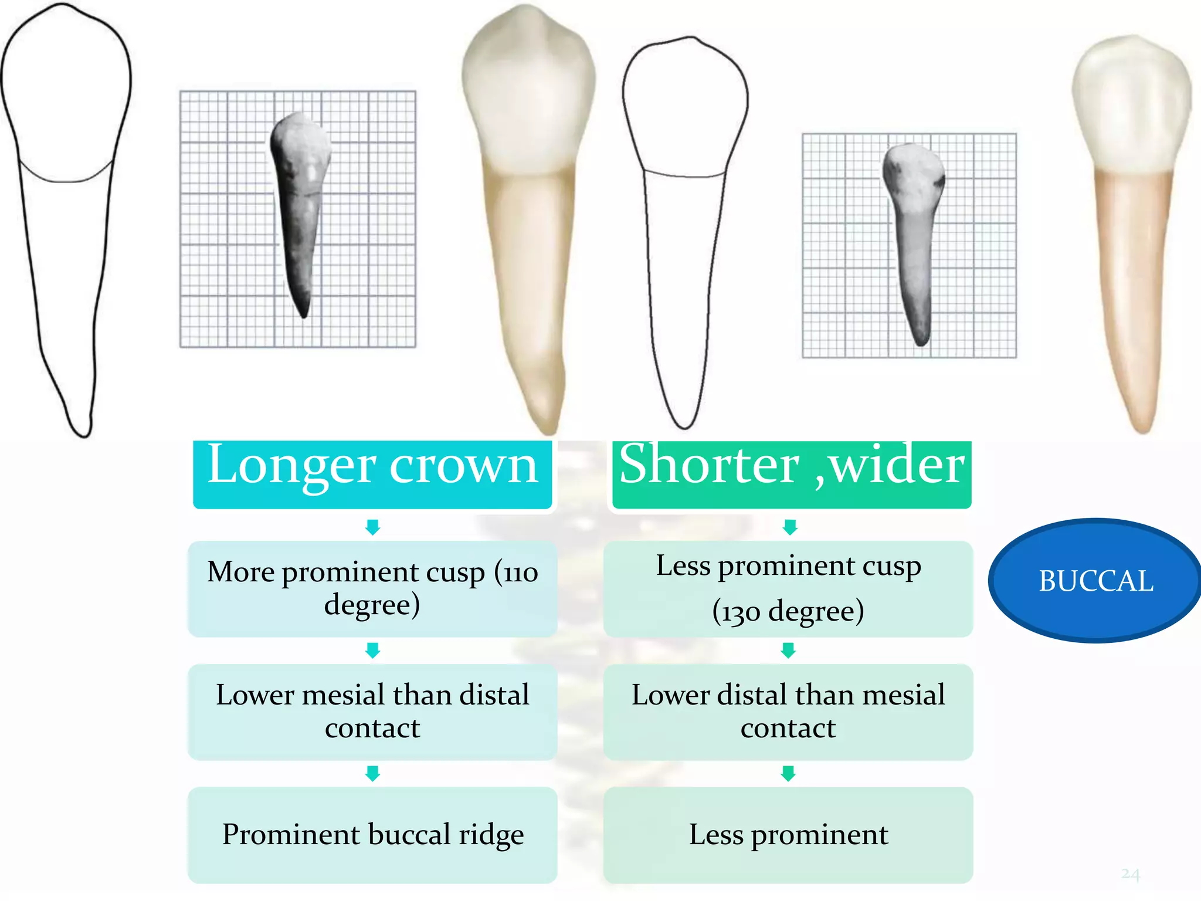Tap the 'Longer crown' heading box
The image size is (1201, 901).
pyautogui.click(x=372, y=473)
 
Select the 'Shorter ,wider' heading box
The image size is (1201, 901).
pyautogui.click(x=791, y=473)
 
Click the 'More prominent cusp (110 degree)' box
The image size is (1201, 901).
pyautogui.click(x=372, y=588)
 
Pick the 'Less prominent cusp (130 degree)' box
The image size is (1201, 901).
pyautogui.click(x=788, y=588)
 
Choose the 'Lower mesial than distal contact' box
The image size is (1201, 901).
pyautogui.click(x=372, y=712)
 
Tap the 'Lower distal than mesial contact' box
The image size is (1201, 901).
pyautogui.click(x=788, y=712)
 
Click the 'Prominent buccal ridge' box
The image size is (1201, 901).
pyautogui.click(x=372, y=835)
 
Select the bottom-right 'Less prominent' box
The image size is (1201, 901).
pyautogui.click(x=788, y=835)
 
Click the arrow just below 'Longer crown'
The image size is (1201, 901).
pyautogui.click(x=372, y=527)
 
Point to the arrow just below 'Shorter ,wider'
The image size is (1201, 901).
pyautogui.click(x=790, y=527)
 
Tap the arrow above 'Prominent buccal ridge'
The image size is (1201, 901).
pyautogui.click(x=372, y=773)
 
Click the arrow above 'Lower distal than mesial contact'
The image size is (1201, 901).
pyautogui.click(x=788, y=650)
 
